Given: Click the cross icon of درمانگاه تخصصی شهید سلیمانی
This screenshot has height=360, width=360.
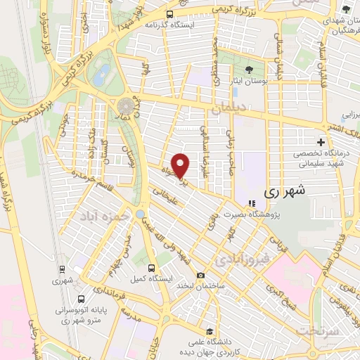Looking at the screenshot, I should tap(321, 143).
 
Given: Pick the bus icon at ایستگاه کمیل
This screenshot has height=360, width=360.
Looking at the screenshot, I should tap(151, 268).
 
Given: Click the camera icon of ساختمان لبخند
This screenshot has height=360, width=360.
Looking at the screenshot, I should tap(201, 275).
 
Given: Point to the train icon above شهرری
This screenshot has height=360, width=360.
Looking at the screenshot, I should tap(62, 269).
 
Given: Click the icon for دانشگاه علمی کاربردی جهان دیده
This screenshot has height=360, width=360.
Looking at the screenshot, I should tap(208, 330).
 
